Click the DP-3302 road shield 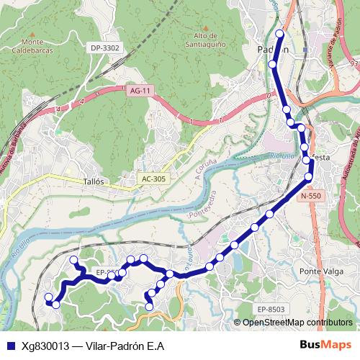tap(105, 48)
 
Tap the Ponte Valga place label tap(320, 271)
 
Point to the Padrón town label tap(273, 50)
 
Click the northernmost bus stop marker tap(279, 34)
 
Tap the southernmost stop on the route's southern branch tap(149, 307)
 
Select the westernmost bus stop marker tap(48, 297)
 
